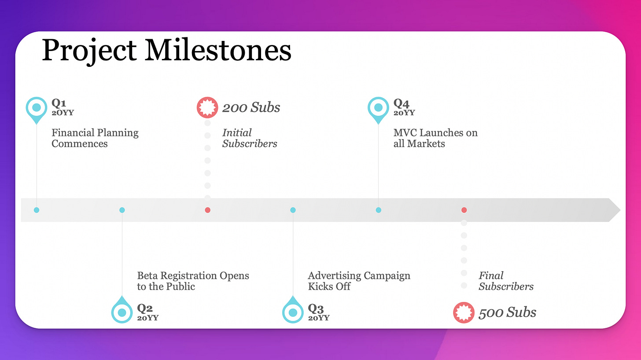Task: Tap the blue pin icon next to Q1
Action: pyautogui.click(x=37, y=107)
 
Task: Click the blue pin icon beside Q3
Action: pyautogui.click(x=293, y=312)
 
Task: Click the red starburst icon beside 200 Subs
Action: pyautogui.click(x=207, y=107)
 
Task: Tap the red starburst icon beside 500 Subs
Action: pyautogui.click(x=464, y=312)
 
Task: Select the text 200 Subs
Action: pyautogui.click(x=251, y=107)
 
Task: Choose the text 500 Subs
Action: pyautogui.click(x=507, y=312)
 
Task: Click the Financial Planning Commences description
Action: pyautogui.click(x=95, y=138)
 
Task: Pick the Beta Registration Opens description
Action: pyautogui.click(x=193, y=281)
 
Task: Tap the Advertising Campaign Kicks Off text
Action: pyautogui.click(x=359, y=281)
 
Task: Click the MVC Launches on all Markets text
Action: pyautogui.click(x=435, y=138)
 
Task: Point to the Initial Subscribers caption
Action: pyautogui.click(x=249, y=138)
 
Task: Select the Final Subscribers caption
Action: pyautogui.click(x=506, y=281)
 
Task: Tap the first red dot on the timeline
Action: pyautogui.click(x=207, y=210)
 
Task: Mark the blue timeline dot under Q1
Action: pyautogui.click(x=37, y=210)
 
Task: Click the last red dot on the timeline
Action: pyautogui.click(x=464, y=210)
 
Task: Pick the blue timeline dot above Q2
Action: pyautogui.click(x=122, y=210)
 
